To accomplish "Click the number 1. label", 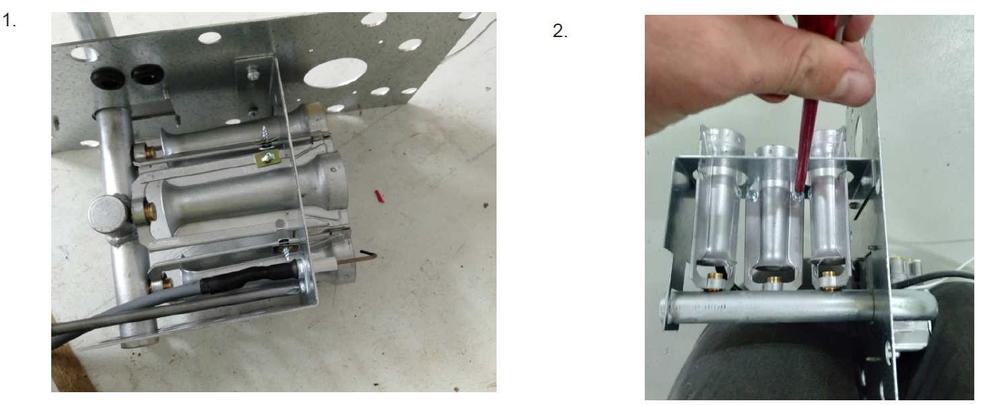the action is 9,20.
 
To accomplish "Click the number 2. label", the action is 560,30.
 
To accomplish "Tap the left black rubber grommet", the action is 107,78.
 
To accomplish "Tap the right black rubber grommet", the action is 148,74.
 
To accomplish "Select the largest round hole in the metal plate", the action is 335,72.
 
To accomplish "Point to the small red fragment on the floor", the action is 379,195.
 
